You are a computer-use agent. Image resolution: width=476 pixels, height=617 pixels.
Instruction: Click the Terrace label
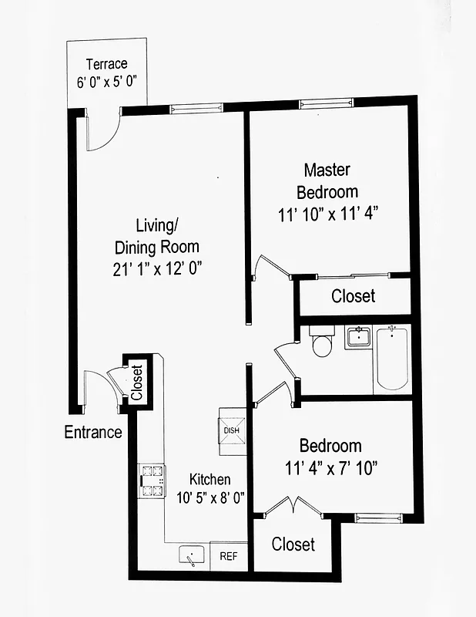(x=106, y=64)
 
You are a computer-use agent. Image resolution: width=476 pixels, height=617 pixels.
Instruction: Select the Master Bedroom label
(x=327, y=180)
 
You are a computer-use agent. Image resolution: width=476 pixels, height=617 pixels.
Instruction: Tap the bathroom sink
(x=357, y=338)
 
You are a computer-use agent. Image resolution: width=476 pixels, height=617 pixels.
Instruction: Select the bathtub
(x=393, y=359)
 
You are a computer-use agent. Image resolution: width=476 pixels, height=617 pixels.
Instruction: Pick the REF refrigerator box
(x=229, y=555)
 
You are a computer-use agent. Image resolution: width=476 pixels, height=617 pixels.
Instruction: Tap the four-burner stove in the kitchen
(x=152, y=480)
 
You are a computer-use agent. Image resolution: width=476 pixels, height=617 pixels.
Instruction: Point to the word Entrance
(x=93, y=432)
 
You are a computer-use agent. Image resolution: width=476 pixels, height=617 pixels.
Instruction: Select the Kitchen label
(x=210, y=480)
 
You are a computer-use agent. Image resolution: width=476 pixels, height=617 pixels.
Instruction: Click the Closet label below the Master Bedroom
(x=353, y=296)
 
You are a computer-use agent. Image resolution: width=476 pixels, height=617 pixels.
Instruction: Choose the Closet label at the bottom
(x=293, y=545)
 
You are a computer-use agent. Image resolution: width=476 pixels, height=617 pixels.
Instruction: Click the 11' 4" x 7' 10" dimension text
(x=331, y=468)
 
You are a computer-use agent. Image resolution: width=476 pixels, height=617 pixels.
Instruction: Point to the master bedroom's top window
(x=326, y=103)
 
